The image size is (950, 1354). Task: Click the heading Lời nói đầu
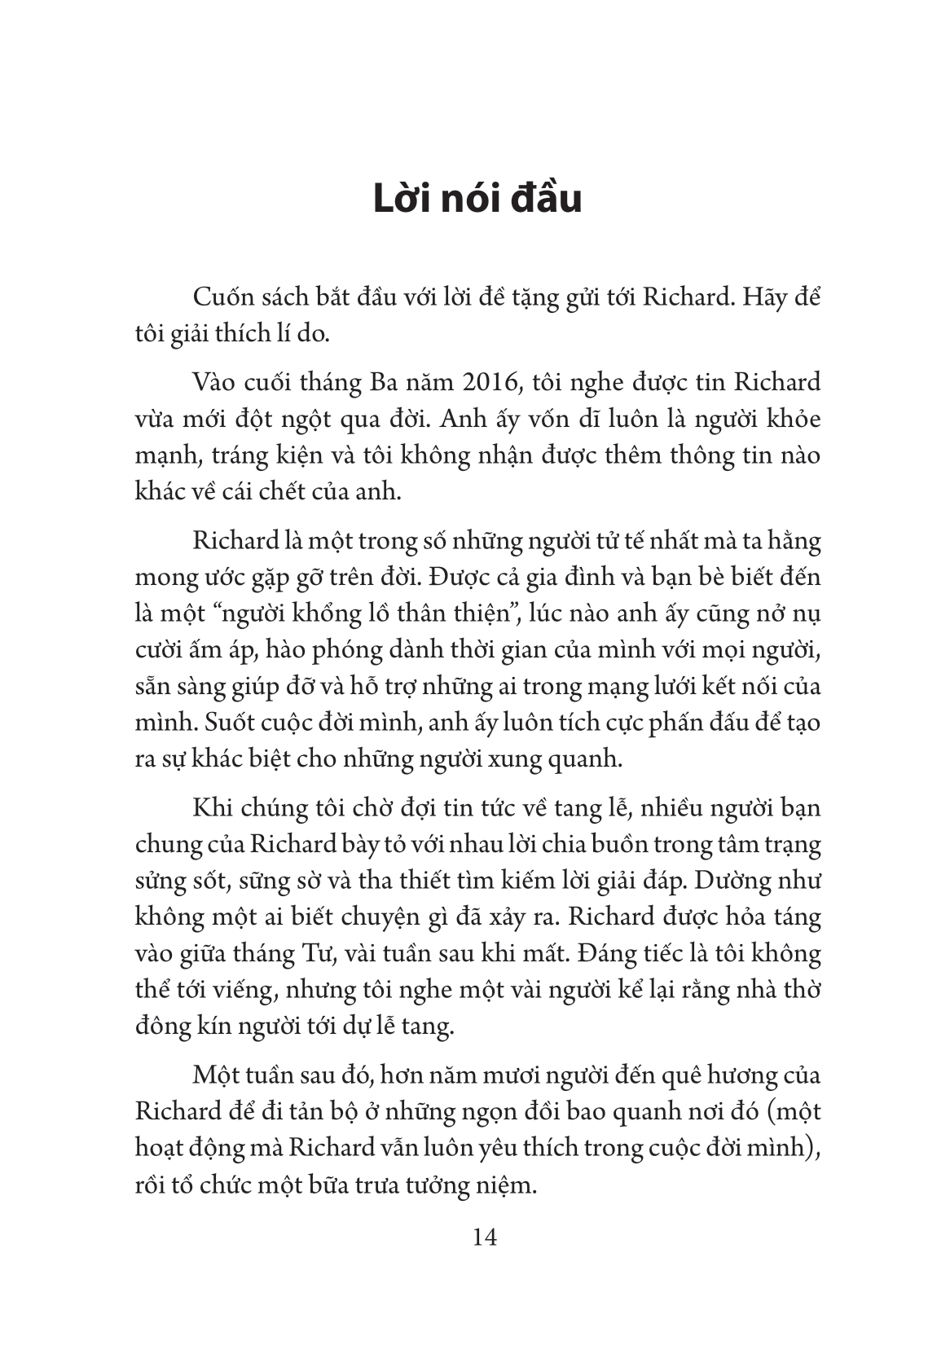point(477,199)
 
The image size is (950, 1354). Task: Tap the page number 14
point(484,1237)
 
